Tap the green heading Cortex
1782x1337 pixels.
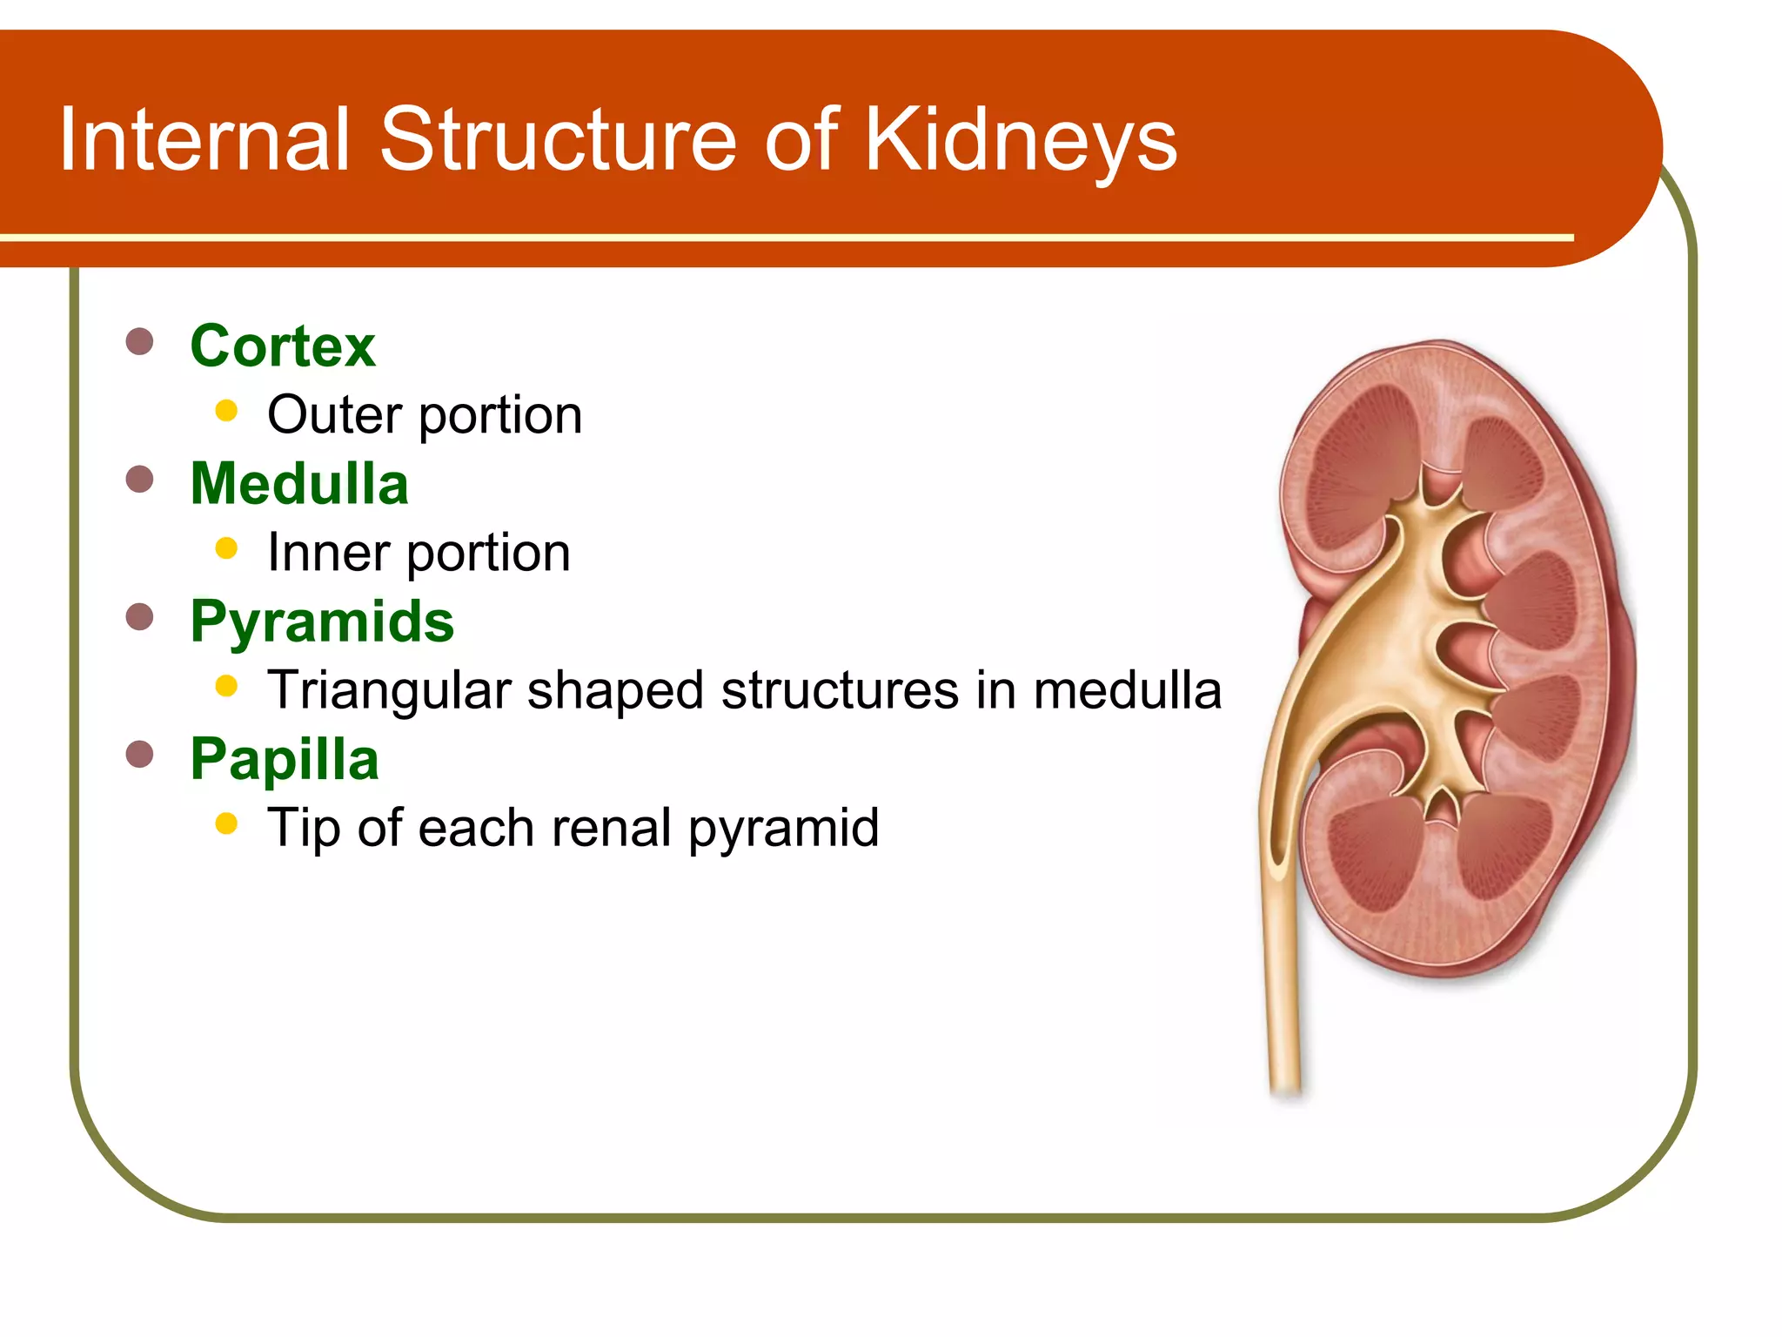click(x=283, y=346)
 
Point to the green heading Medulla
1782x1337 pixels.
click(x=299, y=484)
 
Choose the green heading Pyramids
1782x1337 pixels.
click(x=322, y=621)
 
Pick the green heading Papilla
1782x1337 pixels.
click(x=285, y=759)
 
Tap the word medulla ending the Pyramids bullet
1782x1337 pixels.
click(x=1127, y=690)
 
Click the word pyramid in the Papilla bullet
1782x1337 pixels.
click(x=783, y=829)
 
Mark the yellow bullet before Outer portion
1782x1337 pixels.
click(x=226, y=411)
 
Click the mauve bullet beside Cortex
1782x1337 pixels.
click(x=139, y=341)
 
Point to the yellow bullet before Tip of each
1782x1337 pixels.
click(x=226, y=823)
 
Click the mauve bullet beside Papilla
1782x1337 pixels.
click(x=139, y=754)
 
